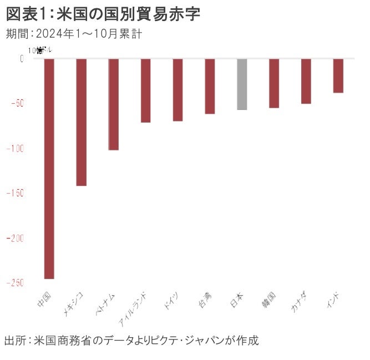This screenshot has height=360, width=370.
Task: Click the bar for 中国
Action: (49, 168)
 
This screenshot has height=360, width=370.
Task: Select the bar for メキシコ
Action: (81, 122)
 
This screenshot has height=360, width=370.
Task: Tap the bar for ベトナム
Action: (113, 104)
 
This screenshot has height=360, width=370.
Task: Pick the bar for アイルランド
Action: (145, 90)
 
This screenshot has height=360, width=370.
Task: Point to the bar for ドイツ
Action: (178, 89)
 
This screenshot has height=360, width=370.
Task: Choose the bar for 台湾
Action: (210, 86)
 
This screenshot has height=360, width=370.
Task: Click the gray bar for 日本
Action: (242, 84)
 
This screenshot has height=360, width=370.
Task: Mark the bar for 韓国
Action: (274, 83)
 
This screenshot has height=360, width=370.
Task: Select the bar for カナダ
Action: (306, 81)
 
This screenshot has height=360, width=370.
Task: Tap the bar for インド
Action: (338, 75)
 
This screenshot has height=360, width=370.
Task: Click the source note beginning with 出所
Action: (131, 339)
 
